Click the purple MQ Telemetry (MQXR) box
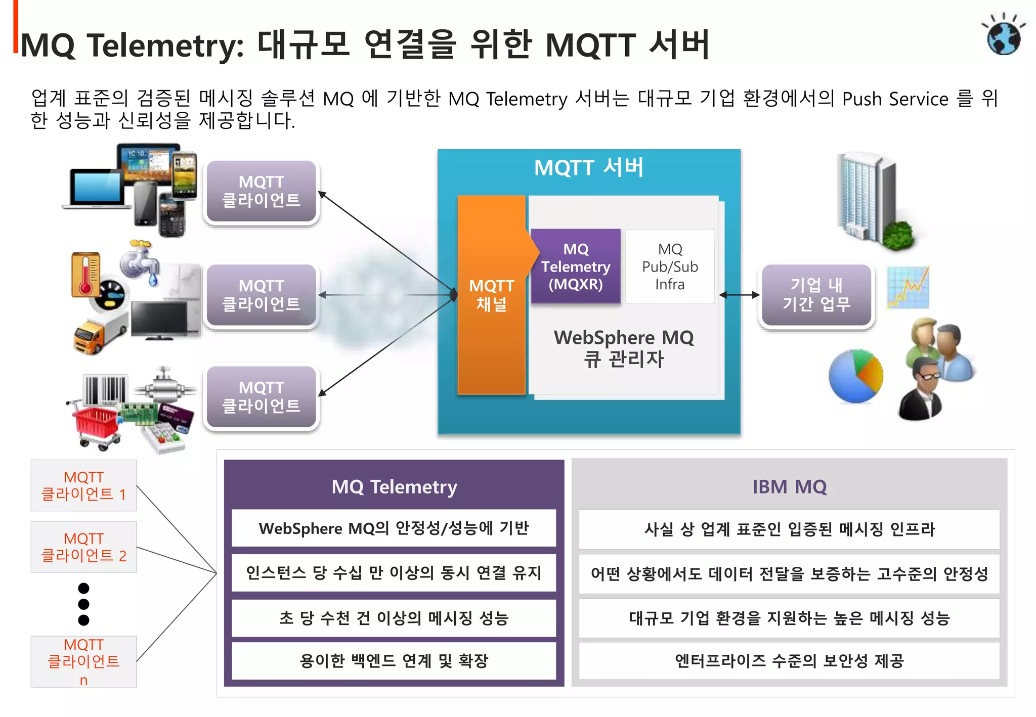576,266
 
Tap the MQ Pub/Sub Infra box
670,266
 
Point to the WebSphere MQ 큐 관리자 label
623,348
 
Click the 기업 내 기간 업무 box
816,295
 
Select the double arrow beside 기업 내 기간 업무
739,295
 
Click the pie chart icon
855,376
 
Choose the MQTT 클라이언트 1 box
83,485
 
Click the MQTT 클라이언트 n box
83,661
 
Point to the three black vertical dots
84,604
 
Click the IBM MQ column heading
789,487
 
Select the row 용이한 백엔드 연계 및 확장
394,661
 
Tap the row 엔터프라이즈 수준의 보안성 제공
789,661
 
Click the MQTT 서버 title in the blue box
589,168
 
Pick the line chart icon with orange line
909,287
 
